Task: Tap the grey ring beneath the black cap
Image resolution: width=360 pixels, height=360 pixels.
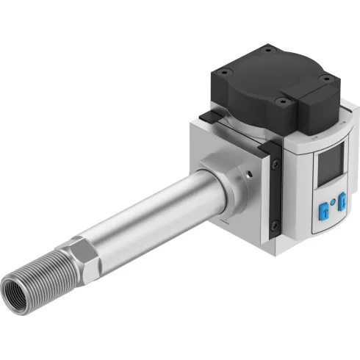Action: click(x=242, y=125)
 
